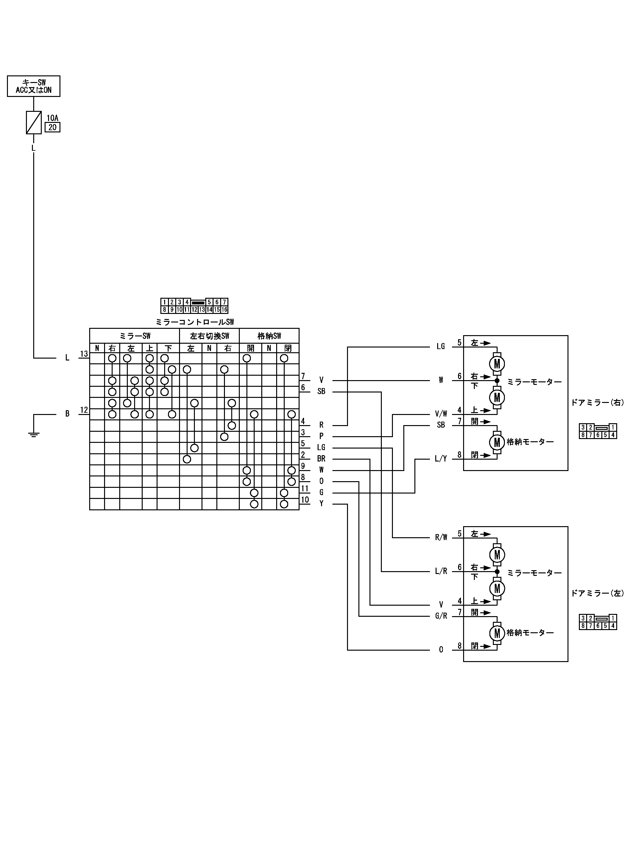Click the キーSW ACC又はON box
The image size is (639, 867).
tap(34, 86)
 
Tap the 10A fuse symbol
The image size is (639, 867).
tap(34, 122)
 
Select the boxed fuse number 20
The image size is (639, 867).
tap(53, 127)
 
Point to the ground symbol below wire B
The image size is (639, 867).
tap(34, 434)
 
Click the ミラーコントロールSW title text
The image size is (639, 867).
tap(195, 322)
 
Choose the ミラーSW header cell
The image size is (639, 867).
tap(135, 336)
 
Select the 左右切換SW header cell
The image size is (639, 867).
tap(209, 336)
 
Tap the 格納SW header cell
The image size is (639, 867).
tap(269, 336)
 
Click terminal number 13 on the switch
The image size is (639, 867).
tap(84, 354)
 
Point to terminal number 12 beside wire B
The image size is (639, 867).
tap(84, 410)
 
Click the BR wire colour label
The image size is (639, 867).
tap(321, 458)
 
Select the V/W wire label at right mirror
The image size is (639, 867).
tap(441, 414)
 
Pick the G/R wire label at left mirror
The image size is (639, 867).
tap(441, 616)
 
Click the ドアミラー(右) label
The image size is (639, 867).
tap(597, 403)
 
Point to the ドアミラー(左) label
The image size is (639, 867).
tap(597, 593)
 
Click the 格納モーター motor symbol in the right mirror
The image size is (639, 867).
tap(497, 442)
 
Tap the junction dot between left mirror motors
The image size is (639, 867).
tap(497, 571)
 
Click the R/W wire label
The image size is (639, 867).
tap(441, 537)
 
